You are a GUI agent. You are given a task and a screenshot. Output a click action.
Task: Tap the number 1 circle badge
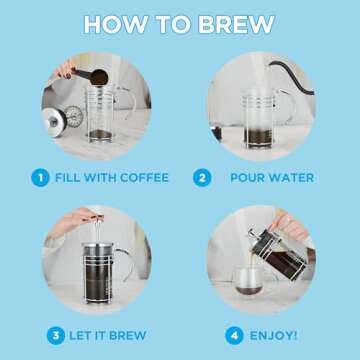pos(40,178)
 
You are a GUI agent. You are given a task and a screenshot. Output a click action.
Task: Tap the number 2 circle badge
pos(203,178)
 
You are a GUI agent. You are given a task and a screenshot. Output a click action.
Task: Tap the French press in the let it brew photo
pos(95,268)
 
